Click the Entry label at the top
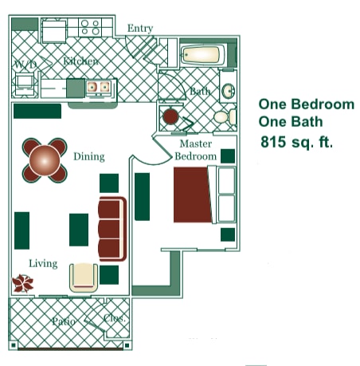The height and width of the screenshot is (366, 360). [x=140, y=29]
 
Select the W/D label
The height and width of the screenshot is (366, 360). [x=25, y=65]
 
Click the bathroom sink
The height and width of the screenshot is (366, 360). [x=228, y=90]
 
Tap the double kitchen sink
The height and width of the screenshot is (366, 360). [x=99, y=87]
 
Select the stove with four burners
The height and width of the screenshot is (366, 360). [x=89, y=28]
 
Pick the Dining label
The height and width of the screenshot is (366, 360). [x=89, y=157]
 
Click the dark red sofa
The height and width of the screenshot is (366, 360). [x=112, y=229]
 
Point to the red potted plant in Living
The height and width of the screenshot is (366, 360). [x=22, y=283]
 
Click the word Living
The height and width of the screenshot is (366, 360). [x=43, y=263]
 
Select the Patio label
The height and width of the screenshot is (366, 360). [x=64, y=321]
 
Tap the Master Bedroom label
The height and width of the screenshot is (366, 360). [x=195, y=150]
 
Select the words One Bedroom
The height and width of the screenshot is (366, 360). [x=307, y=104]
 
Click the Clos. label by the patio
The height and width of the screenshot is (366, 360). [x=115, y=318]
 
